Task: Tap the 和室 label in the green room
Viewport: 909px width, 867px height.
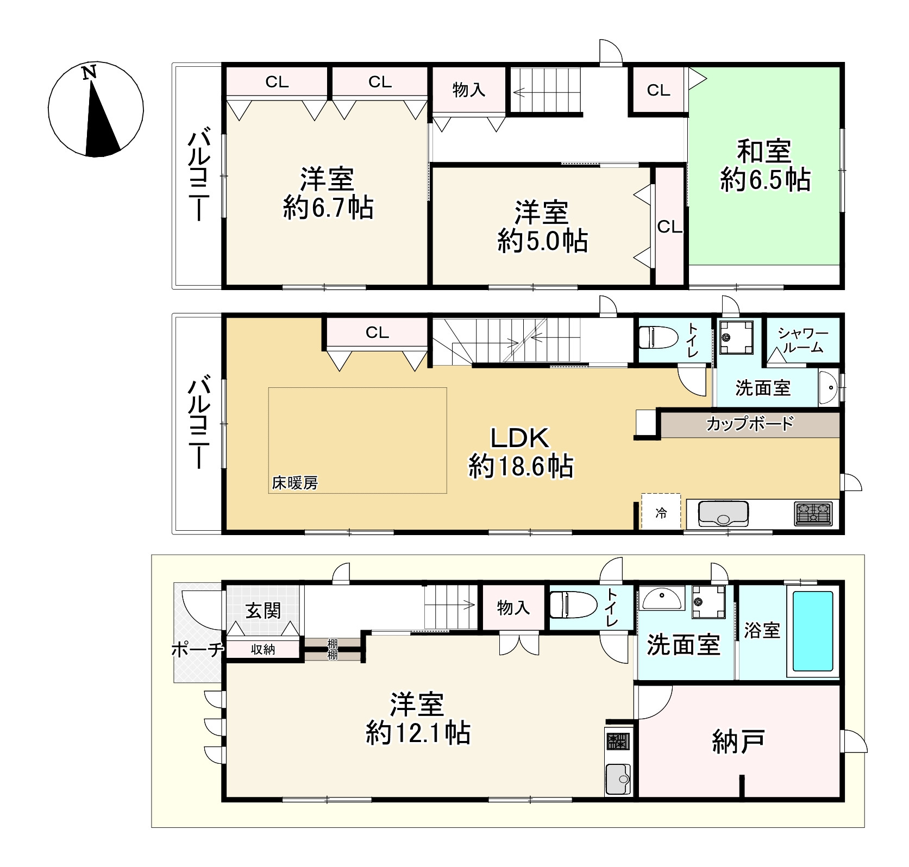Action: coord(764,151)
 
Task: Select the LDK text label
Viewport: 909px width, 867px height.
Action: coord(521,437)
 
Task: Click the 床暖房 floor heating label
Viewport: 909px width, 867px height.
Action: coord(295,482)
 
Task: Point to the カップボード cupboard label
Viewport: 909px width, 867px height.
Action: coord(750,424)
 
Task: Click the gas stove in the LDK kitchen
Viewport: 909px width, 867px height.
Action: coord(813,513)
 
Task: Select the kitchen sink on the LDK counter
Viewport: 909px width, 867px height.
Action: coord(723,513)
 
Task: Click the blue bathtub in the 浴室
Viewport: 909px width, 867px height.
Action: coord(813,631)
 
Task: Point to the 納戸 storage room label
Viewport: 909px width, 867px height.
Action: coord(739,741)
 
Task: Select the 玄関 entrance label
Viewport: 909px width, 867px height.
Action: coord(264,611)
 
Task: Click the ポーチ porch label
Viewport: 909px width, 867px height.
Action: coord(198,649)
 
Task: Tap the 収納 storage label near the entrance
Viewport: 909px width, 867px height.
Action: coord(263,649)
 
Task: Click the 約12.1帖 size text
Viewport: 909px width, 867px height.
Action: coord(418,733)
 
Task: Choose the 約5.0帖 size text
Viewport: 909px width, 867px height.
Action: coord(542,241)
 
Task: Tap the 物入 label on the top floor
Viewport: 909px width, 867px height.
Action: coord(469,90)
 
